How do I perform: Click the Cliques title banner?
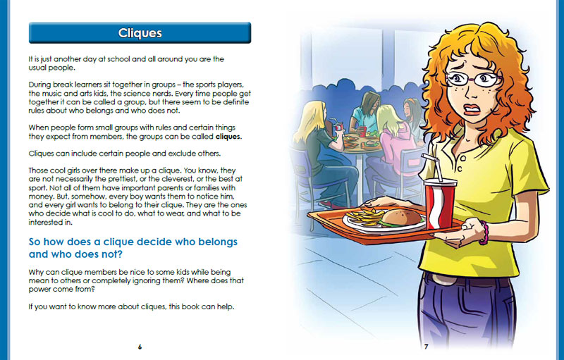(139, 33)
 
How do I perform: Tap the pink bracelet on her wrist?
(484, 232)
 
